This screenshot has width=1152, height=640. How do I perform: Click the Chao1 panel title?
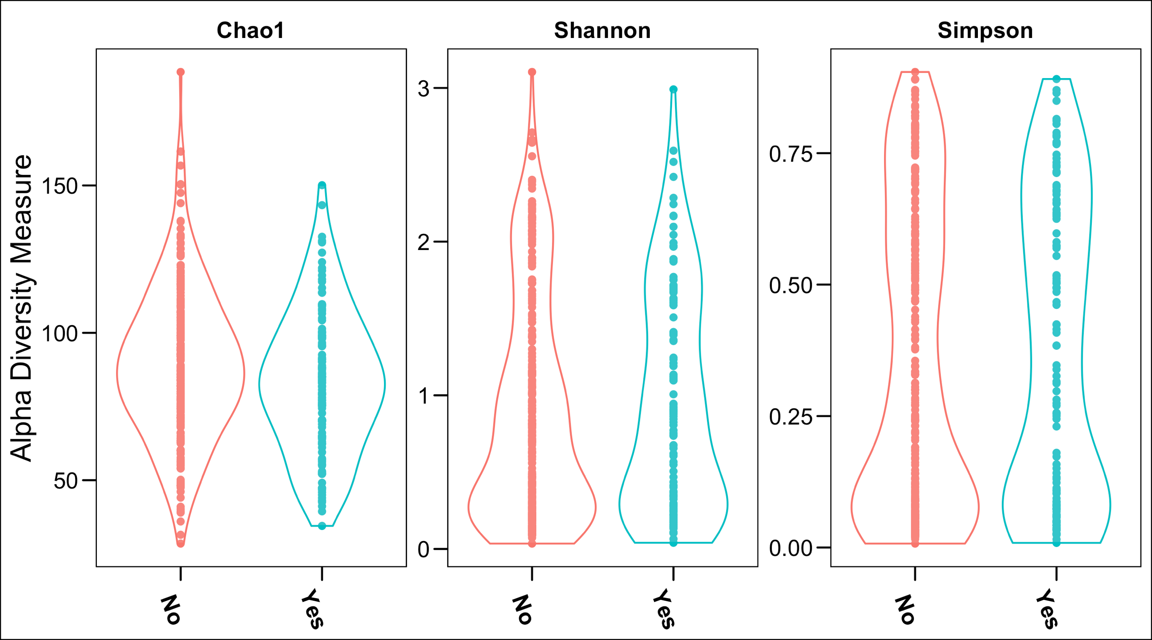click(x=250, y=31)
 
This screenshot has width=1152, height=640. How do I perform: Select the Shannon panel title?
click(x=602, y=31)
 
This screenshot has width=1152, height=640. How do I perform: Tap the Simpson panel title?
click(x=985, y=31)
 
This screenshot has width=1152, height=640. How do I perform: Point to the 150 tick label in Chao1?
click(x=59, y=185)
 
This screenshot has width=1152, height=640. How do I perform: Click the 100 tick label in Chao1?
click(x=59, y=334)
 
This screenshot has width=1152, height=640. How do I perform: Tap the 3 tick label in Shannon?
click(x=423, y=89)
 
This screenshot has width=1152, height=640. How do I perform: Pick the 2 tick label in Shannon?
click(x=423, y=242)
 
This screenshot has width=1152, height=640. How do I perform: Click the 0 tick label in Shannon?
click(x=423, y=549)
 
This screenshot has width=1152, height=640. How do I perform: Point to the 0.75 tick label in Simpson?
click(x=790, y=154)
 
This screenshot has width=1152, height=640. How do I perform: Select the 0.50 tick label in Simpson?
click(x=790, y=285)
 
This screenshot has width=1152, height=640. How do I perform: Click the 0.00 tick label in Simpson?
click(x=790, y=548)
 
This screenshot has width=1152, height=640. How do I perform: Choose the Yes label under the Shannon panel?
click(x=665, y=609)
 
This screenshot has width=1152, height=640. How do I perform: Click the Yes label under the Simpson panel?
click(x=1048, y=609)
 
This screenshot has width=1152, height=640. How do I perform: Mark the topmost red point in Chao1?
click(x=181, y=72)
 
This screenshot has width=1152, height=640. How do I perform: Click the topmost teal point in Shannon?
click(x=673, y=89)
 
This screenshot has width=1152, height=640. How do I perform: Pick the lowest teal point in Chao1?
click(x=322, y=526)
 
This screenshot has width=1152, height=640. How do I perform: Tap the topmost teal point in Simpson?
click(x=1056, y=79)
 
